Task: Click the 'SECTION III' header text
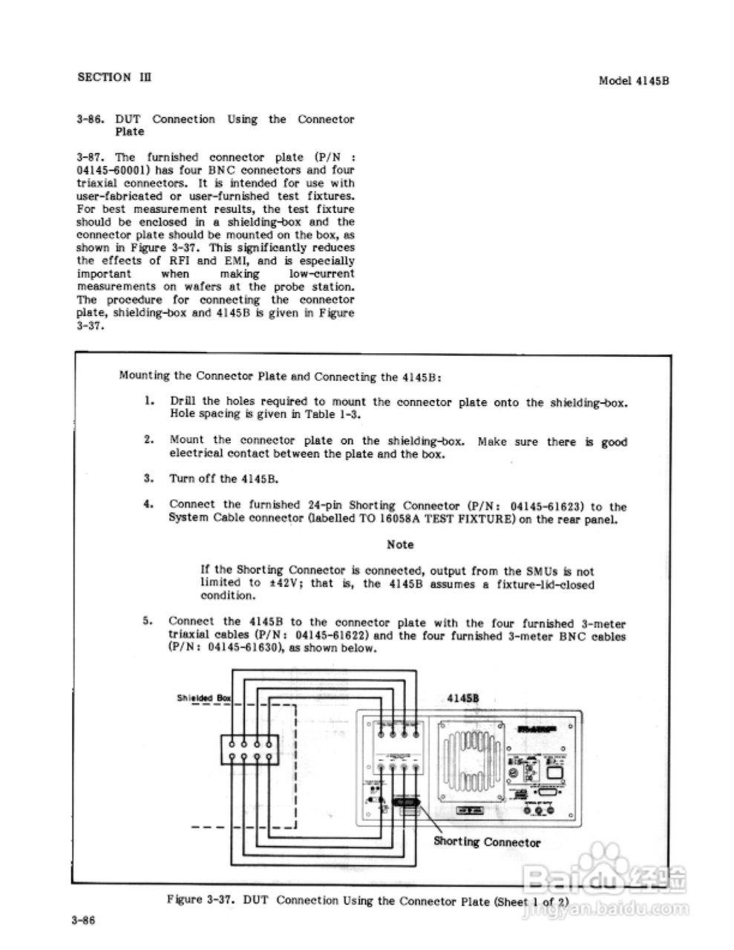[x=114, y=77]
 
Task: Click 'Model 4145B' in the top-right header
[x=634, y=81]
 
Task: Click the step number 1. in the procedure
[x=149, y=402]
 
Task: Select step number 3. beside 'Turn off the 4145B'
[x=149, y=478]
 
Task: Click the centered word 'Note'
[x=400, y=545]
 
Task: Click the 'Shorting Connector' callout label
[x=487, y=842]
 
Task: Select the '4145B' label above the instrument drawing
[x=465, y=698]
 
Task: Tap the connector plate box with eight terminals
[x=249, y=750]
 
